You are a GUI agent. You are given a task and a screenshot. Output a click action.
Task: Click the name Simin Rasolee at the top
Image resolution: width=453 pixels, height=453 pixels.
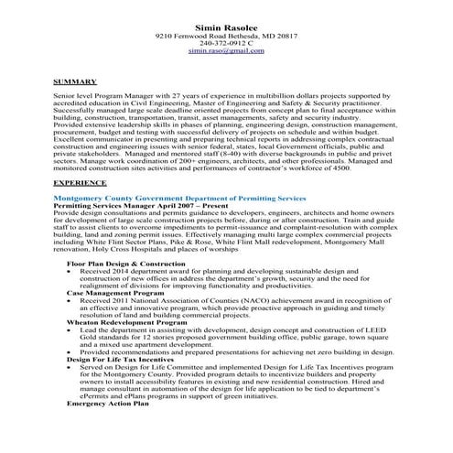pyautogui.click(x=225, y=28)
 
